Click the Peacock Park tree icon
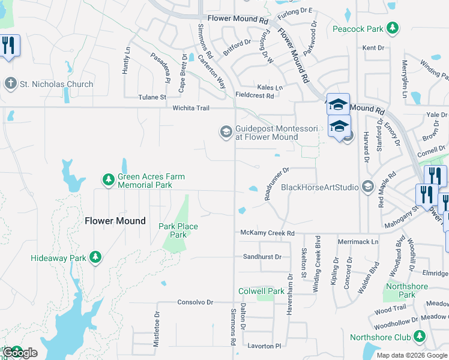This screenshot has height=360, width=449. [x=392, y=28]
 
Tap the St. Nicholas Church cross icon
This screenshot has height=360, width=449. [x=10, y=84]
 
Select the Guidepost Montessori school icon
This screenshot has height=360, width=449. [x=226, y=131]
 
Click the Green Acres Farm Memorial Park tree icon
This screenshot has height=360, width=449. [x=108, y=180]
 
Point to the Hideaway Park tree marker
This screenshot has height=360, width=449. [x=95, y=257]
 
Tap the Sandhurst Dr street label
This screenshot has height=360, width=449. [x=262, y=257]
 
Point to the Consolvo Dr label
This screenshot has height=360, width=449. [x=195, y=302]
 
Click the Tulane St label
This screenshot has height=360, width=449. [x=151, y=97]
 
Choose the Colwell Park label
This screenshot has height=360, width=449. [x=261, y=291]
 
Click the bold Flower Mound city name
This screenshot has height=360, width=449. [x=115, y=221]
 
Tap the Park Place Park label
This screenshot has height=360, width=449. [x=178, y=230]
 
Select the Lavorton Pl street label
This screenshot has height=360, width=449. [x=264, y=346]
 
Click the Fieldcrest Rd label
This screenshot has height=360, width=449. [x=255, y=95]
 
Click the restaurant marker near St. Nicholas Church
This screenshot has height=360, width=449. [x=9, y=46]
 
